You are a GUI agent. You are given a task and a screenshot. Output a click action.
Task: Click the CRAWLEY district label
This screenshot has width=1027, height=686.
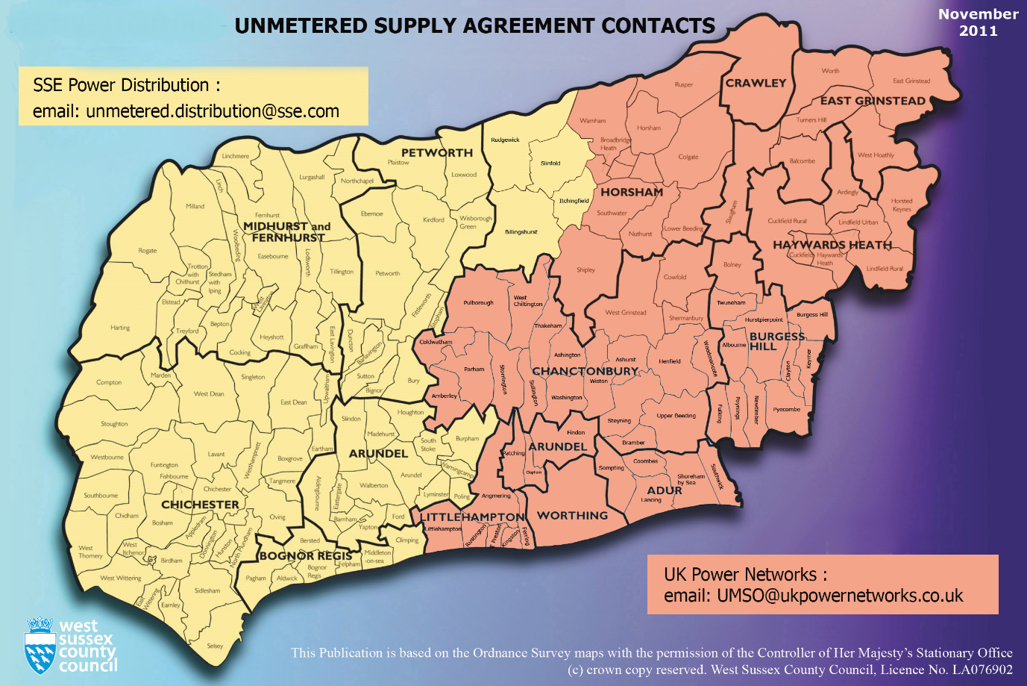pos(756,83)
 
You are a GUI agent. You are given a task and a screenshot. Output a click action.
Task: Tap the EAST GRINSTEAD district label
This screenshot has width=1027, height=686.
pos(873,101)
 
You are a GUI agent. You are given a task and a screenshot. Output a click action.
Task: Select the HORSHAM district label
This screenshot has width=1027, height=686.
pos(632,192)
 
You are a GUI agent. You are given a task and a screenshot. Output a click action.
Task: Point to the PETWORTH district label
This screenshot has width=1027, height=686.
pos(437,152)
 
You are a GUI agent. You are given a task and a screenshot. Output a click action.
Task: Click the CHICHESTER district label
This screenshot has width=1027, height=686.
pos(200,505)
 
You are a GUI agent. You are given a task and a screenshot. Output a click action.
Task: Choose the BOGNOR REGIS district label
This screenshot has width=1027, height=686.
pos(305,556)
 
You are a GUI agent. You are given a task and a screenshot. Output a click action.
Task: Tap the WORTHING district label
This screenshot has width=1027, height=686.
pos(572,515)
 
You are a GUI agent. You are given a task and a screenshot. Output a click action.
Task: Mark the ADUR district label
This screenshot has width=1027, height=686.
pos(664,490)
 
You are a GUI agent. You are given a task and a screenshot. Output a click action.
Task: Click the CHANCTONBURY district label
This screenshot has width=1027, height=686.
pos(585,371)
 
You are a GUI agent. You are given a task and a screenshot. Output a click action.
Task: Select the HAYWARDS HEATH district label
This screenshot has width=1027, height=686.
pos(832,245)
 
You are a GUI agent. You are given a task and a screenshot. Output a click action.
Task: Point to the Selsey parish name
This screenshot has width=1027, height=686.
pos(215,646)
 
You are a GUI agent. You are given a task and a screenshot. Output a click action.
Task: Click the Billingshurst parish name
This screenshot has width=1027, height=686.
pos(521,232)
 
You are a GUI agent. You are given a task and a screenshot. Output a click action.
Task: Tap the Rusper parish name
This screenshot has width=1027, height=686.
pos(683,84)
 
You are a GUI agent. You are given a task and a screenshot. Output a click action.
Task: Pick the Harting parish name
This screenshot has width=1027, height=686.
pos(120,328)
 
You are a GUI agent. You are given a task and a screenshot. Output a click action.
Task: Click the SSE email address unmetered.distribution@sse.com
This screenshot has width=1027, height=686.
pos(213,111)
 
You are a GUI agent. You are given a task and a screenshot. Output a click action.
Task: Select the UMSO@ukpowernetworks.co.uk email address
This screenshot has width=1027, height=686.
pos(840,596)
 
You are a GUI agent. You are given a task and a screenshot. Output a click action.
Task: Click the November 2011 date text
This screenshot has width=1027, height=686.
pos(978,22)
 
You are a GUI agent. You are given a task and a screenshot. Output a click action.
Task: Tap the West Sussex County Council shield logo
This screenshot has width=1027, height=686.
pos(40,646)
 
